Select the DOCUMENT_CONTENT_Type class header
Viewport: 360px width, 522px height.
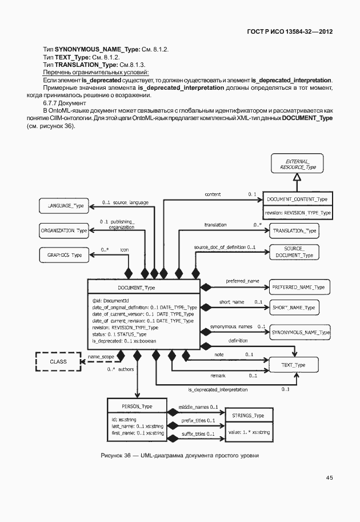click(297, 199)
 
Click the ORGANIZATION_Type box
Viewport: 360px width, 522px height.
click(64, 230)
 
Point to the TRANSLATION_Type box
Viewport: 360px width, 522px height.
click(294, 230)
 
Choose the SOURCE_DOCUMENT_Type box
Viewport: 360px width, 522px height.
click(294, 252)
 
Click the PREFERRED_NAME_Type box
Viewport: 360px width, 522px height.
click(298, 286)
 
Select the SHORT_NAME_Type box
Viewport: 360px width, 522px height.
click(294, 308)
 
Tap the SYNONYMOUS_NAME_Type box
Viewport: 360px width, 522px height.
click(300, 332)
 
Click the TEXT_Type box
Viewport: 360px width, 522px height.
click(294, 365)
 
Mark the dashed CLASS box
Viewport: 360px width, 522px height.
click(58, 361)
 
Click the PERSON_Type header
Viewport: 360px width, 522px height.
click(137, 406)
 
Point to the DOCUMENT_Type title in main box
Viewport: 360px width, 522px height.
click(136, 288)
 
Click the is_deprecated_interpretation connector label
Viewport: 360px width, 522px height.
click(218, 389)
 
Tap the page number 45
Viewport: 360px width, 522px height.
click(330, 477)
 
